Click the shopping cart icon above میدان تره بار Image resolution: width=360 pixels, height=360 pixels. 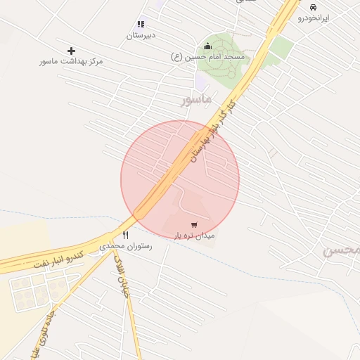tap(194, 225)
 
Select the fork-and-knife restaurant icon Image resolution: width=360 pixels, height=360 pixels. tap(126, 235)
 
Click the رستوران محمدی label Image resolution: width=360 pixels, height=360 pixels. tap(126, 246)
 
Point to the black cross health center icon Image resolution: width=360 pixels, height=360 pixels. tap(71, 51)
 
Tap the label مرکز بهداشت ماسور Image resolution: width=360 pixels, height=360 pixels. tap(71, 62)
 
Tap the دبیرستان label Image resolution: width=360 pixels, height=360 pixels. tap(141, 34)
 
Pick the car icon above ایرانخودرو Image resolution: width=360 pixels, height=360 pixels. tap(313, 7)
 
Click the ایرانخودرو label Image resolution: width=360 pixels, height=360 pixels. tap(313, 18)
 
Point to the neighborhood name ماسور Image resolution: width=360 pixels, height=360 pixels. tap(196, 101)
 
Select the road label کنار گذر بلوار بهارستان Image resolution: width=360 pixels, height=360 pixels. tap(212, 130)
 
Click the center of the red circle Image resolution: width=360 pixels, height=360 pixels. tap(180, 179)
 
